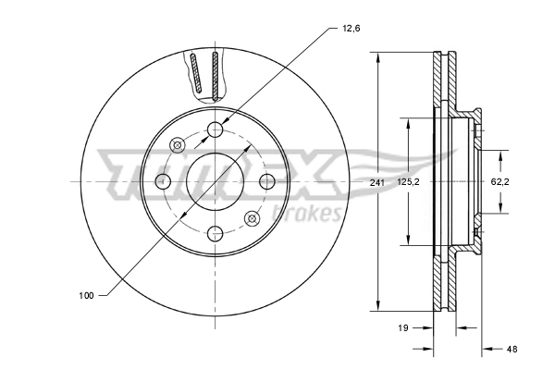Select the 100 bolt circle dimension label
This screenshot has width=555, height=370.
coord(86,295)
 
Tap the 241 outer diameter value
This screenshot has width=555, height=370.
coord(376,183)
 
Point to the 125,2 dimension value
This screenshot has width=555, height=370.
coord(407,183)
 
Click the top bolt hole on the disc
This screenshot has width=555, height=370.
coord(216,129)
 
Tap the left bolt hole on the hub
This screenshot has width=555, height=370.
coord(164,180)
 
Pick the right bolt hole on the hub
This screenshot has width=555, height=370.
coord(267,180)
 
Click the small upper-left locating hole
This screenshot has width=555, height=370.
coord(179,144)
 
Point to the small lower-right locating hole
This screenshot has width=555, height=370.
coord(252,217)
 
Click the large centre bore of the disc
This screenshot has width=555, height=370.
coord(216,180)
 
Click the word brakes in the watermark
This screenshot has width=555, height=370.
coord(310,214)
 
